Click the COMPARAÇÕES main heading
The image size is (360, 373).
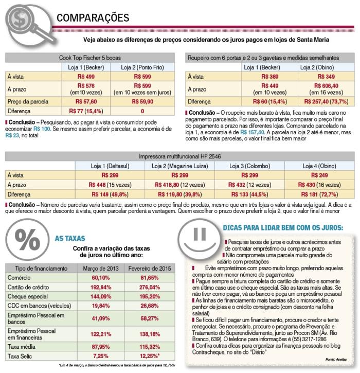pos(93,19)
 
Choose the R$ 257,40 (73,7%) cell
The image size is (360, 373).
pos(314,101)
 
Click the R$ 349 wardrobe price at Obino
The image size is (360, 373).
pos(314,76)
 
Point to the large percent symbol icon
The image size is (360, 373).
pos(25,241)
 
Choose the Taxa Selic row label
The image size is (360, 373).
pos(21,356)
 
